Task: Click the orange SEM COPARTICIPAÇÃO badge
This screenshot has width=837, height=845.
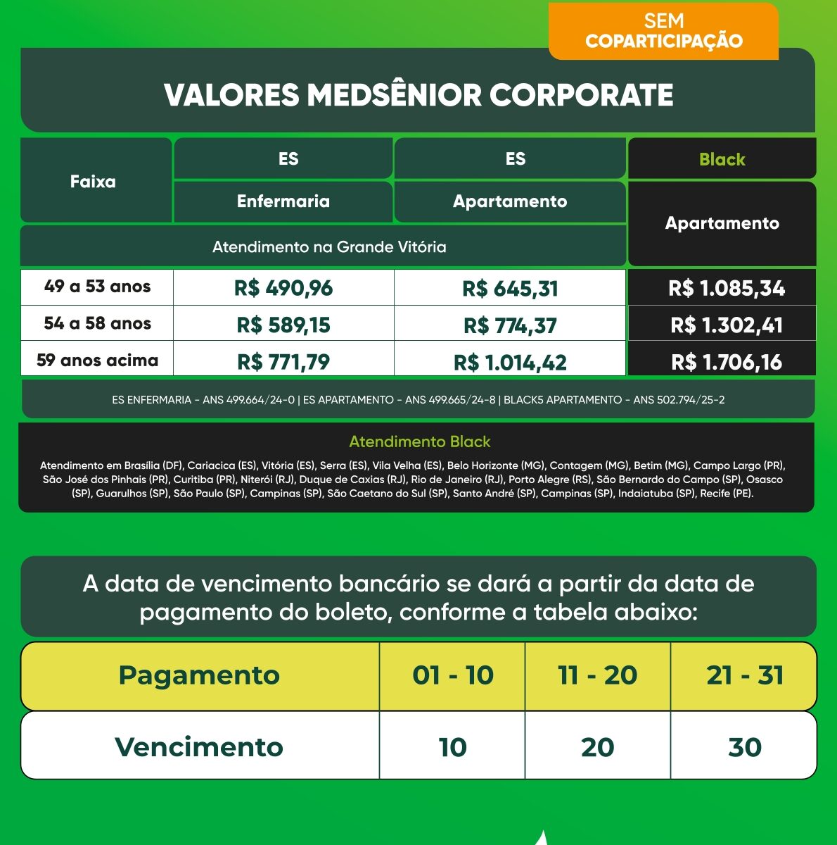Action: coord(663,32)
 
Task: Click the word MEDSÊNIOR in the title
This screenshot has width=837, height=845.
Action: coord(393,95)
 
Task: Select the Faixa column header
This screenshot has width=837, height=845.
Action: coord(93,182)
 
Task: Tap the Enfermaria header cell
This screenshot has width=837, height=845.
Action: coord(283,201)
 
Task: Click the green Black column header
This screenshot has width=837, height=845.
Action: coord(722,159)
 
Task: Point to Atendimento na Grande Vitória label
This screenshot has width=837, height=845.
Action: coord(329,247)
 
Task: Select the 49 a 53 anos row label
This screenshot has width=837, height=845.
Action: coord(97,287)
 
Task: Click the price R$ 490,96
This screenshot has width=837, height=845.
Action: coord(283,288)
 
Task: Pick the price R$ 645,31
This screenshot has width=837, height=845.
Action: coord(510,288)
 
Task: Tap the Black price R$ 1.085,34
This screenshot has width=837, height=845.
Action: coord(727,288)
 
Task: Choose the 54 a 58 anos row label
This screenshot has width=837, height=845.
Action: coord(97,324)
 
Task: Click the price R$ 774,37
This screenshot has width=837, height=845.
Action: coord(510,325)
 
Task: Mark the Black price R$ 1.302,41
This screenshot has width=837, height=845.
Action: coord(727,325)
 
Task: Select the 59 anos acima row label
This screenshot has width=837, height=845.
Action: coord(97,361)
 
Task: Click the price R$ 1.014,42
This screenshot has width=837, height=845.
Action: coord(510,362)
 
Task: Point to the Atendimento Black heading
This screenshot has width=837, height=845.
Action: coord(419,442)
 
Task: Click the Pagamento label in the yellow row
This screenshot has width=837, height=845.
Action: coord(199,675)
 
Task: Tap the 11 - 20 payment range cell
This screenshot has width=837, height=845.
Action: coord(597,675)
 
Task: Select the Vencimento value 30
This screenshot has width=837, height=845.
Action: coord(745,747)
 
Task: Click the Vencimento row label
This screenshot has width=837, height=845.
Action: coord(199,747)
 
